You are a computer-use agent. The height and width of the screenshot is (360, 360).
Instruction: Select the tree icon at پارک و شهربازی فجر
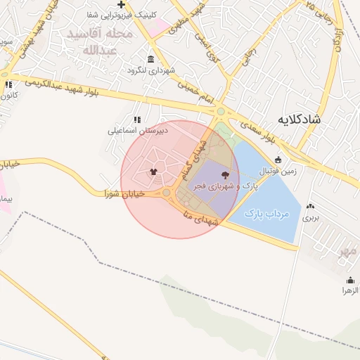click(x=225, y=174)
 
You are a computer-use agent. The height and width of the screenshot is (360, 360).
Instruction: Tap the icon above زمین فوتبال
click(x=278, y=159)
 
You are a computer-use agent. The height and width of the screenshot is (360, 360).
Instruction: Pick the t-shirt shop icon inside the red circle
click(x=154, y=171)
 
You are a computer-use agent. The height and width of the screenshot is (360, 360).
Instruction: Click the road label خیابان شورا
click(x=124, y=193)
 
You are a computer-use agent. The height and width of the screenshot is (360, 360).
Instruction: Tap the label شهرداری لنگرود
click(x=150, y=70)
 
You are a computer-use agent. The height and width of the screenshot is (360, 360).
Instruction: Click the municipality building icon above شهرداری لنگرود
click(x=150, y=60)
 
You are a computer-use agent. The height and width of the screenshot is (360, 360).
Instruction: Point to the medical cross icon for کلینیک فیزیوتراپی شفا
click(x=121, y=4)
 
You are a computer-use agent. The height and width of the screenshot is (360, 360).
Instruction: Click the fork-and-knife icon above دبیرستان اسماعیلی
click(x=136, y=120)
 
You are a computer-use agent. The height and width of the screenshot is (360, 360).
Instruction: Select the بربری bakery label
click(x=311, y=218)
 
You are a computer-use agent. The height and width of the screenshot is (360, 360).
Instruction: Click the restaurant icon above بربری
click(x=310, y=207)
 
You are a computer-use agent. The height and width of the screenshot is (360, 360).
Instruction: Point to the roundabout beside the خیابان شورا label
click(x=167, y=192)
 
